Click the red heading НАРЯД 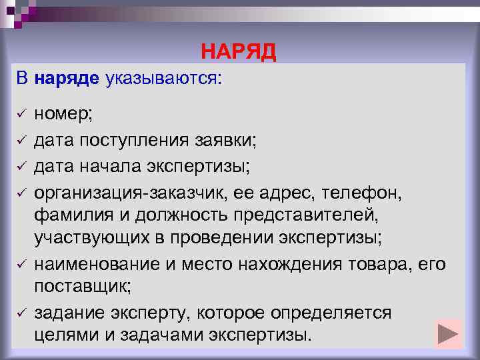(x=238, y=52)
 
